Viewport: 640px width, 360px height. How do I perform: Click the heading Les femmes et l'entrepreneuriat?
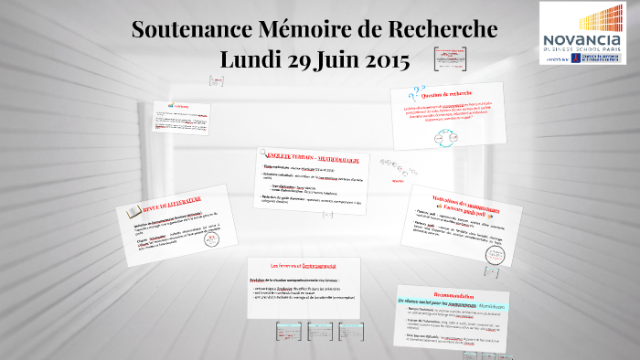[x=303, y=264]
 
